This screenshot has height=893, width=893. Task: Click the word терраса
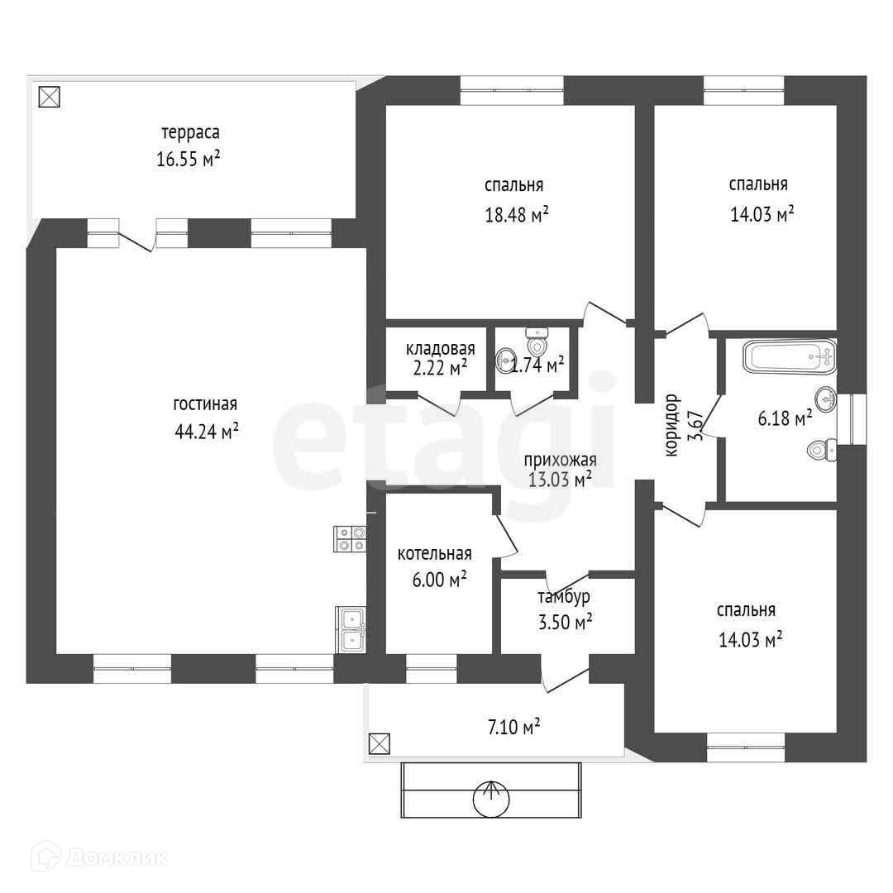pyautogui.click(x=190, y=133)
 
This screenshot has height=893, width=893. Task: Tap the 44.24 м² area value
pyautogui.click(x=206, y=431)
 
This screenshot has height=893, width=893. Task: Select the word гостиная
pyautogui.click(x=205, y=404)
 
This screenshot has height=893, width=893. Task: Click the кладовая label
pyautogui.click(x=440, y=349)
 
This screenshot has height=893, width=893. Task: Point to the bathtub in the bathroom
pyautogui.click(x=790, y=357)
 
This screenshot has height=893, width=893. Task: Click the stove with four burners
pyautogui.click(x=350, y=539)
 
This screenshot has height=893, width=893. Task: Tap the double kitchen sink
pyautogui.click(x=351, y=629)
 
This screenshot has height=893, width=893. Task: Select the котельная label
pyautogui.click(x=435, y=553)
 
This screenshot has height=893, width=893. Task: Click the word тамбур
pyautogui.click(x=564, y=598)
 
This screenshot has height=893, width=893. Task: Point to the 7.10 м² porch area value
pyautogui.click(x=513, y=728)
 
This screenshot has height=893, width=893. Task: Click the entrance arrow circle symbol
pyautogui.click(x=491, y=800)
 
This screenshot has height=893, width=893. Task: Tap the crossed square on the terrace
pyautogui.click(x=49, y=96)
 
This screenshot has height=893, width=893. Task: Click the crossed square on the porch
pyautogui.click(x=380, y=743)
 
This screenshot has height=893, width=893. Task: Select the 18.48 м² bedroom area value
pyautogui.click(x=517, y=215)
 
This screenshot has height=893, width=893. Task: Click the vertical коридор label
pyautogui.click(x=672, y=425)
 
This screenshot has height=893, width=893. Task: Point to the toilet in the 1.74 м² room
pyautogui.click(x=537, y=341)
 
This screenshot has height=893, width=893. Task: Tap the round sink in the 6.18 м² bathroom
pyautogui.click(x=826, y=399)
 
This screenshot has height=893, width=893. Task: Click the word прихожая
pyautogui.click(x=560, y=460)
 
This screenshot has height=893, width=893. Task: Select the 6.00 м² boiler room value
pyautogui.click(x=440, y=580)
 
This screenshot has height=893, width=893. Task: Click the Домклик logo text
pyautogui.click(x=117, y=857)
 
